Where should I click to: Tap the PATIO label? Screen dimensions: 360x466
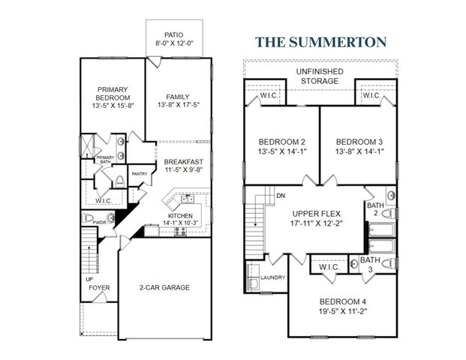[173, 34]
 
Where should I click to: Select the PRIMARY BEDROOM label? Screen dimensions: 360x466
[114, 94]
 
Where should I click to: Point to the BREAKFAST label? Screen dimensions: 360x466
[184, 161]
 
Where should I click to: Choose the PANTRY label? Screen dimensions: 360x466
[139, 174]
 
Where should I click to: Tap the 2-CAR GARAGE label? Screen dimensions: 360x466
[164, 286]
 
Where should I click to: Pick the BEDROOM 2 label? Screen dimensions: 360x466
[281, 142]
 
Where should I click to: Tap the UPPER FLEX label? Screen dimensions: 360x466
[317, 212]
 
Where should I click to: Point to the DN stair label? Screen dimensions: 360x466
[281, 196]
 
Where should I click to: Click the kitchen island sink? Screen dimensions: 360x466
[185, 199]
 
